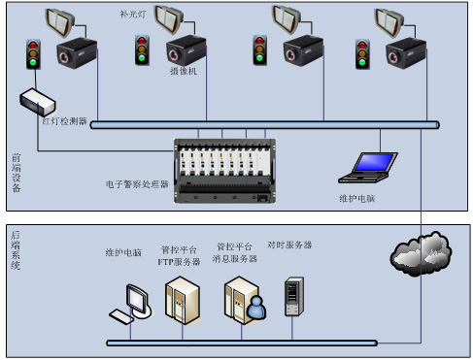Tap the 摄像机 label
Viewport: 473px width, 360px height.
point(183,71)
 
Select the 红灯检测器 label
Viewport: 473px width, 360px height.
point(63,123)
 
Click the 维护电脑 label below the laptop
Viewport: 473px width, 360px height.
point(356,198)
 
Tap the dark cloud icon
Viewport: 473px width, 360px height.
point(419,254)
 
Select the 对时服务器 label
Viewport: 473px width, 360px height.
point(289,245)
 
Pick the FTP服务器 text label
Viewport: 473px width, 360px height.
point(179,261)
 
